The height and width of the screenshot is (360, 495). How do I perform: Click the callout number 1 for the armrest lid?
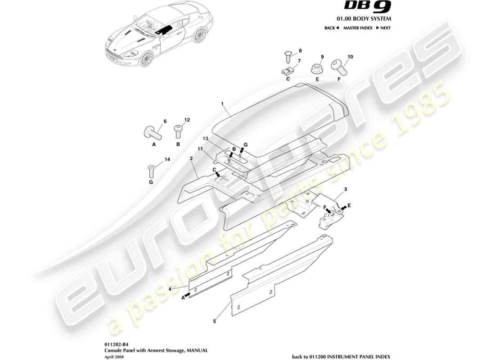click(222, 103)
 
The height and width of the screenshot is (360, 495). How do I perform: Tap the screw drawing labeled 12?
click(178, 132)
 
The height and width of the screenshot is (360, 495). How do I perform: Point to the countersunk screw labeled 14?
click(151, 171)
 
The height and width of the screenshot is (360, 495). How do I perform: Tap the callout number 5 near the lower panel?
click(214, 321)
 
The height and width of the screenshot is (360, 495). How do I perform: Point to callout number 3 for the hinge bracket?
click(345, 189)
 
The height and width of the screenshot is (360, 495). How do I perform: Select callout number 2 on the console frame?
click(191, 158)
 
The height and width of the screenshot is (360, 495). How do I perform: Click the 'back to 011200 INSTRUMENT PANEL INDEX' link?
click(341, 355)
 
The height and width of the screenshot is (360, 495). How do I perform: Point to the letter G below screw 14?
click(151, 182)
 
